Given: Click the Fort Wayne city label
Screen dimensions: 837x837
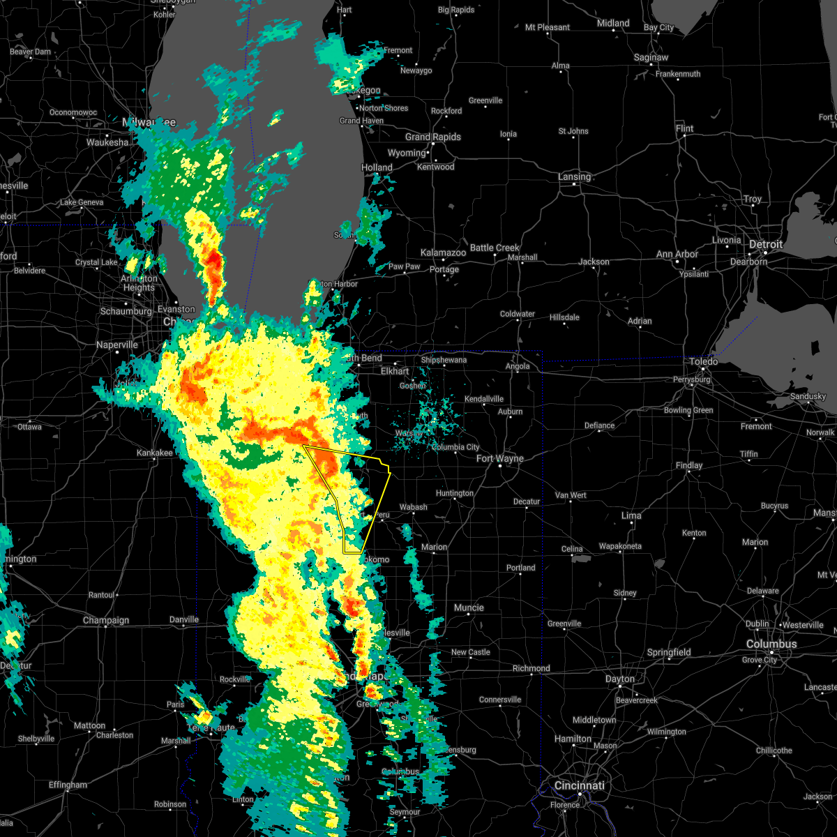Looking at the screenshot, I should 500,458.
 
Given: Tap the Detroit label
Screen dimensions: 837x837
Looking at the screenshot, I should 766,245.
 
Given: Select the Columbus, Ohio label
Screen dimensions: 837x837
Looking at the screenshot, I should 771,644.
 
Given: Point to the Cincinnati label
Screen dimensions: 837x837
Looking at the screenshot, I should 579,785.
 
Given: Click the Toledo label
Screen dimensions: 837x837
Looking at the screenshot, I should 703,361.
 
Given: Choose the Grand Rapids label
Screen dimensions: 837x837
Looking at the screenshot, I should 432,137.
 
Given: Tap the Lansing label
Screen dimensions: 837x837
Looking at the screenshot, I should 574,176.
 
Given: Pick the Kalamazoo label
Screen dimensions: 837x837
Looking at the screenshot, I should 443,252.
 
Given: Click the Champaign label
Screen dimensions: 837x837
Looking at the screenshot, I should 106,620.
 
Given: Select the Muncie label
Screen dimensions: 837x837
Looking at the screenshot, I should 469,608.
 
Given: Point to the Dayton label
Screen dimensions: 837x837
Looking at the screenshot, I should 619,679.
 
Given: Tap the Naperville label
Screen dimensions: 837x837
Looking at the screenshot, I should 116,345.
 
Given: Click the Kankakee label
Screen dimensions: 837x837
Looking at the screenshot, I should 154,453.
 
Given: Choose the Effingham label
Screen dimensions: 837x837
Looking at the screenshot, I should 68,785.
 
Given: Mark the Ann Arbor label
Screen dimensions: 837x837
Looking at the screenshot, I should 677,254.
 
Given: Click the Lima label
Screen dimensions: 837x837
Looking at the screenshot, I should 631,515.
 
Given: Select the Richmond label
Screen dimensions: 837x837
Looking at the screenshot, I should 531,668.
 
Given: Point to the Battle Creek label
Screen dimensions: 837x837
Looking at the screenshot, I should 495,248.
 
